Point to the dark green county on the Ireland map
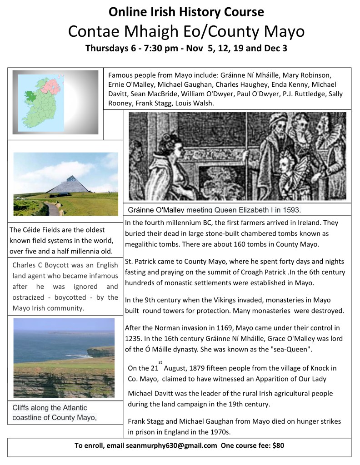point(31,96)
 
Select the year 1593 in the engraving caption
point(290,210)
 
